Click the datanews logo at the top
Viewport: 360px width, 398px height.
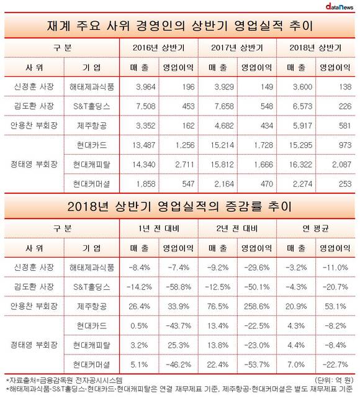pyautogui.click(x=340, y=6)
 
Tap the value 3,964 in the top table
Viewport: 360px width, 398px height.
pyautogui.click(x=146, y=87)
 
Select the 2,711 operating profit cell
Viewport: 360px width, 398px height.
pyautogui.click(x=185, y=165)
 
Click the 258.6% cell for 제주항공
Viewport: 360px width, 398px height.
pyautogui.click(x=257, y=306)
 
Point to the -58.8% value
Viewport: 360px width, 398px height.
pyautogui.click(x=179, y=287)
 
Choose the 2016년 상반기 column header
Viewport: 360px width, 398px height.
pyautogui.click(x=158, y=48)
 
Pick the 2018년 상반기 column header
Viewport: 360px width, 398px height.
pyautogui.click(x=315, y=48)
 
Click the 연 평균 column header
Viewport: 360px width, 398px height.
pyautogui.click(x=315, y=228)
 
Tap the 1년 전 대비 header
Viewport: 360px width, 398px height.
pyautogui.click(x=158, y=228)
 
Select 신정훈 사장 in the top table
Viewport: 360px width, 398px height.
pyautogui.click(x=34, y=87)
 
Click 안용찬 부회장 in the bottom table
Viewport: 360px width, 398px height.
pyautogui.click(x=34, y=306)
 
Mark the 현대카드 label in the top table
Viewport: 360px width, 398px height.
pyautogui.click(x=92, y=145)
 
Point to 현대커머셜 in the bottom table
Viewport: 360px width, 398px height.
pyautogui.click(x=92, y=364)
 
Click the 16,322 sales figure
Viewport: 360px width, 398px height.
pyautogui.click(x=300, y=165)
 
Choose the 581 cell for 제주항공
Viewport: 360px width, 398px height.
pyautogui.click(x=344, y=125)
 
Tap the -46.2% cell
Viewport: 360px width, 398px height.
pyautogui.click(x=179, y=364)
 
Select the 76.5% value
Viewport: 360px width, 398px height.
pyautogui.click(x=218, y=306)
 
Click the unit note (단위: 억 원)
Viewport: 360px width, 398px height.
pyautogui.click(x=333, y=380)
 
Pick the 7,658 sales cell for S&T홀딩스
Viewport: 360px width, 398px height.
pyautogui.click(x=224, y=106)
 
